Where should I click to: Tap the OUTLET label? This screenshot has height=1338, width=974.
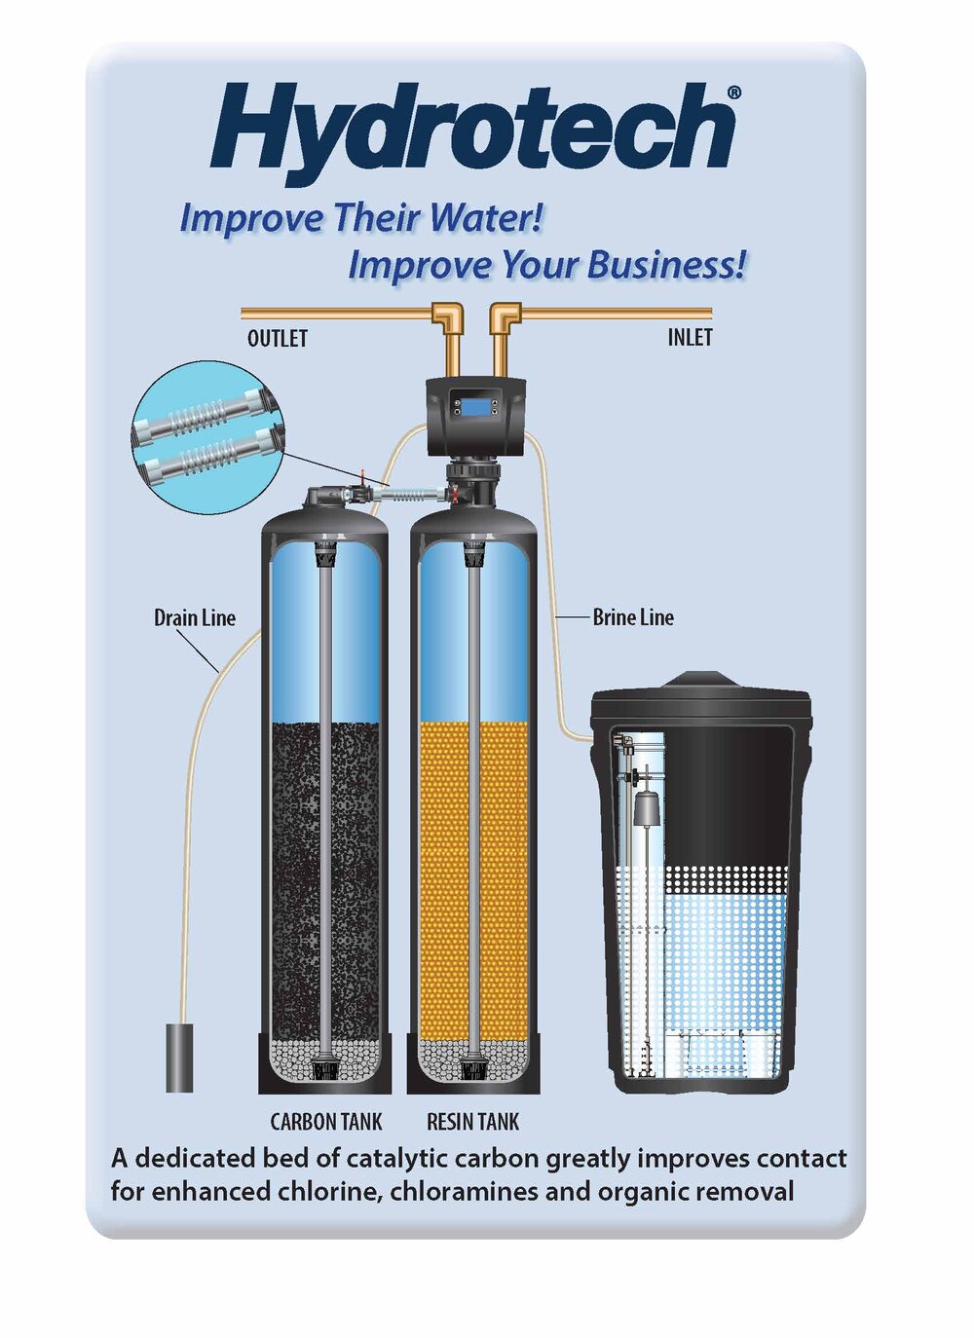point(278,339)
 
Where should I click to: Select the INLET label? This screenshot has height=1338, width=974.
point(691,338)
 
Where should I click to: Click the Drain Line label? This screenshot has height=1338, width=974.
point(195,617)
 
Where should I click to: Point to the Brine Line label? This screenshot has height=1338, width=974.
point(633,617)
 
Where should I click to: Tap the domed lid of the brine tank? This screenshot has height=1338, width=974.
point(701,693)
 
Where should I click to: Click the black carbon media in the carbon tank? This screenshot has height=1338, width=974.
point(325,881)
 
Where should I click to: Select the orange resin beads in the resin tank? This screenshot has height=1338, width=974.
point(473,881)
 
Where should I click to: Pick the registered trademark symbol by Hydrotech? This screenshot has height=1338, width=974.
point(734,92)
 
